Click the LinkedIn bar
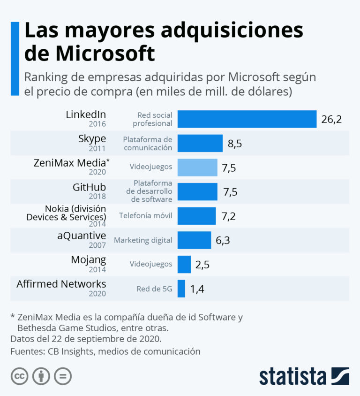(x=247, y=119)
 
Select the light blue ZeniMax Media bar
(x=197, y=167)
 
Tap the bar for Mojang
(x=184, y=264)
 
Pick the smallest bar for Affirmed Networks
(x=181, y=289)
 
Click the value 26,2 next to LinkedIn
(x=331, y=119)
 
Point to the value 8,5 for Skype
(x=234, y=144)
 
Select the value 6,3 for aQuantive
(x=223, y=240)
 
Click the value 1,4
(x=197, y=289)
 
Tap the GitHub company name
(x=89, y=187)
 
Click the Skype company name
(x=92, y=138)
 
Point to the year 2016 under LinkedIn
(x=98, y=124)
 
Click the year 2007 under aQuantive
(x=98, y=245)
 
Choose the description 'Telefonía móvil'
(x=145, y=216)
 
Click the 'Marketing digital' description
(x=143, y=240)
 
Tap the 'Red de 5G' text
(x=154, y=289)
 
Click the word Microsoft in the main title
(x=105, y=53)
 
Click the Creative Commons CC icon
(x=20, y=376)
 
